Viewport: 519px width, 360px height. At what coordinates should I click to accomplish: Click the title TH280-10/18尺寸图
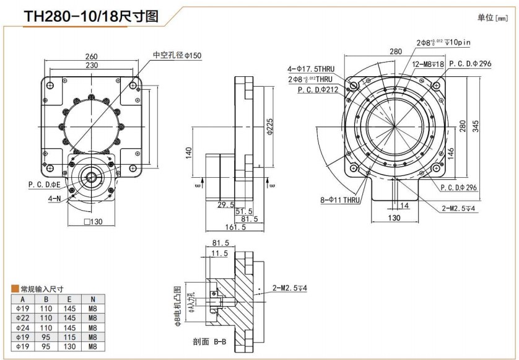click(x=90, y=17)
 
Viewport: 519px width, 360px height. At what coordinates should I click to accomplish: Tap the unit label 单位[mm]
click(x=492, y=18)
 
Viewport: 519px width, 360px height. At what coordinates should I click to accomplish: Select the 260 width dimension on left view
click(x=92, y=57)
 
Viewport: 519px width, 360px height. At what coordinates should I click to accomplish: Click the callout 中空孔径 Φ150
click(x=177, y=55)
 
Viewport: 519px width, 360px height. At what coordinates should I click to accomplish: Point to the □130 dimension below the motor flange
click(x=92, y=222)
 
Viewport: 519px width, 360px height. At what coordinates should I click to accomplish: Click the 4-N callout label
click(x=55, y=199)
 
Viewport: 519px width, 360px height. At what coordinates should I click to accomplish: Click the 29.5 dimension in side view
click(x=225, y=204)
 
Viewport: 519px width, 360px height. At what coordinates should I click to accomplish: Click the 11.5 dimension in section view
click(x=219, y=254)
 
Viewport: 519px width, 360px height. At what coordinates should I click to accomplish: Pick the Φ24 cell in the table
click(x=23, y=327)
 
